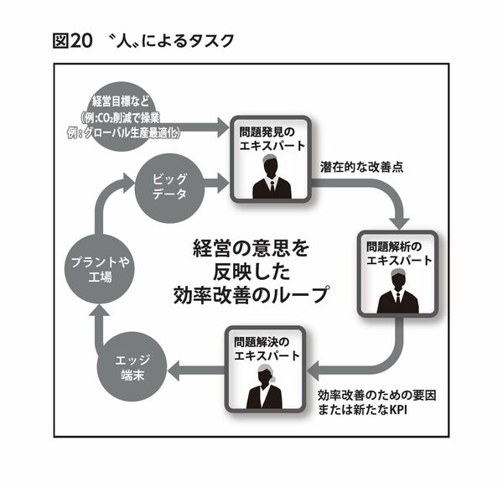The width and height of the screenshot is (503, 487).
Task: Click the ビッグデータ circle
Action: pos(170,185)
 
